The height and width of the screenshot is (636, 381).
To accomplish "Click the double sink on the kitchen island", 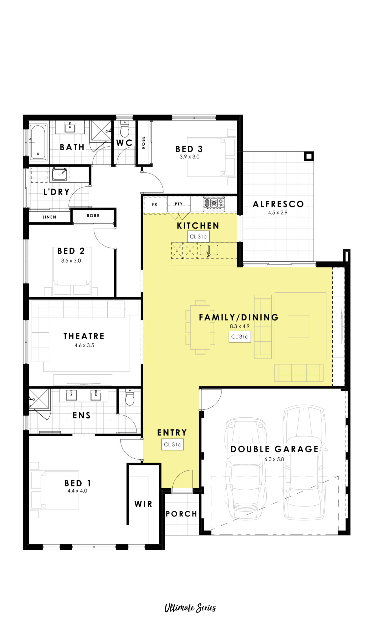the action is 209,250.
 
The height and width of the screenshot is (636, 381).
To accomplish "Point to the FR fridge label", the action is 155,204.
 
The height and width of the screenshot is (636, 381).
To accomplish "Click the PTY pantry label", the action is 179,204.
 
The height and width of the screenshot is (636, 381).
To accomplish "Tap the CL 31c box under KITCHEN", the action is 198,237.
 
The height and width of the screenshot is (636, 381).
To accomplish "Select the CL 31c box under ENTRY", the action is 172,444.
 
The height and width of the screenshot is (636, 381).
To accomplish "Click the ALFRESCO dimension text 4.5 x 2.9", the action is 278,213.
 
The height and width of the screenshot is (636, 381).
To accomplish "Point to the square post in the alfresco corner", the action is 309,156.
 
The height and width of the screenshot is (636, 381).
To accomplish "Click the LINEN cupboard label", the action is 49,217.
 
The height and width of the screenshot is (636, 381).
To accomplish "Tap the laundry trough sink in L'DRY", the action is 60,175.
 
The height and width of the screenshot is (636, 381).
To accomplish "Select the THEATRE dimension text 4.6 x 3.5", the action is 84,345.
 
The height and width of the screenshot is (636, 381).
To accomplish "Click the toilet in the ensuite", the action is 130,397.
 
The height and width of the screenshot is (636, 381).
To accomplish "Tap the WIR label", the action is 143,504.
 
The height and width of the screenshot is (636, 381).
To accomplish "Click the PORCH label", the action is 181,514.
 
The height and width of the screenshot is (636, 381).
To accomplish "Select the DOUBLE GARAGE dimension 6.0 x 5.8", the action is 274,459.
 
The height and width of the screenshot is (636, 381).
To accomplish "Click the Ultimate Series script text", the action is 190,608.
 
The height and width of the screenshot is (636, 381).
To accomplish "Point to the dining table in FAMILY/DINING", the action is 200,327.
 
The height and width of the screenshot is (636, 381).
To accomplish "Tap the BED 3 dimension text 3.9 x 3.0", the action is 190,157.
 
